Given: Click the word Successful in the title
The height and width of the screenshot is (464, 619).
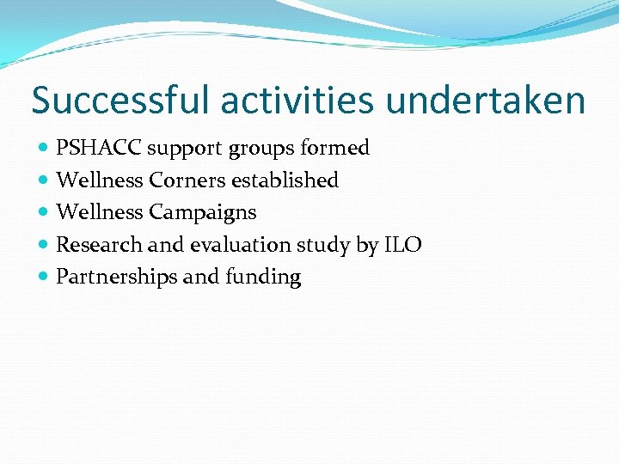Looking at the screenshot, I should (120, 101).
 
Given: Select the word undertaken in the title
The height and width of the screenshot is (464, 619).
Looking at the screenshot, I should (486, 101).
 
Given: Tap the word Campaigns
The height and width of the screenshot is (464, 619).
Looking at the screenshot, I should (203, 212).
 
